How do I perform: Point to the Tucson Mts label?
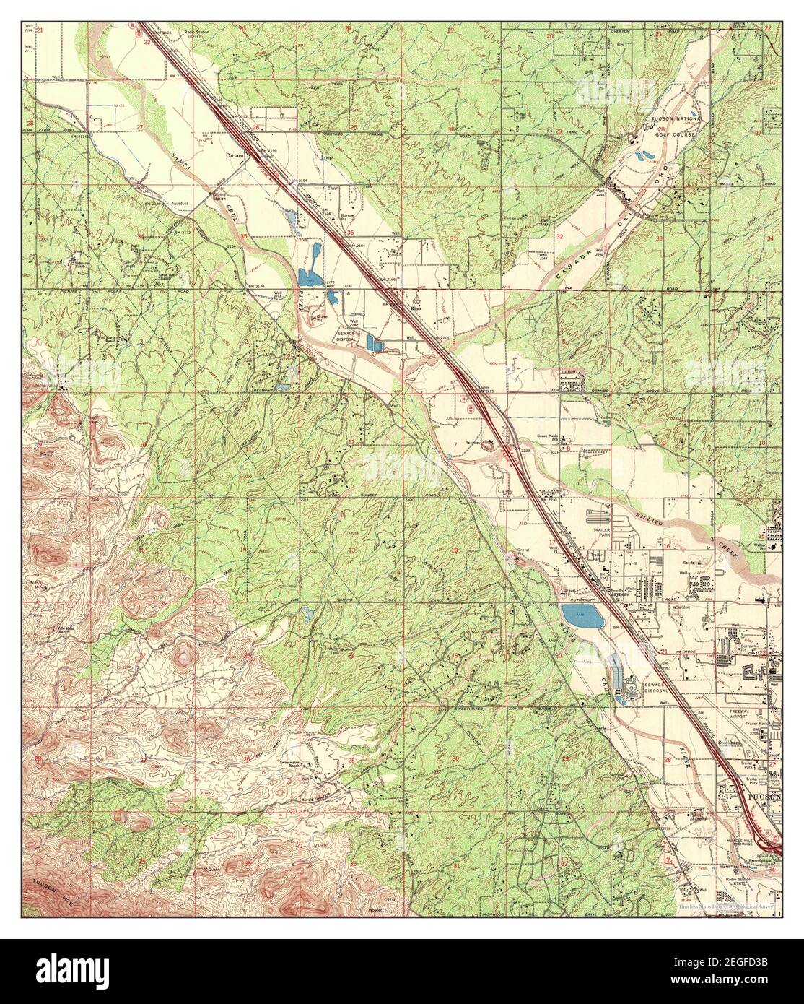tap(51, 893)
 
